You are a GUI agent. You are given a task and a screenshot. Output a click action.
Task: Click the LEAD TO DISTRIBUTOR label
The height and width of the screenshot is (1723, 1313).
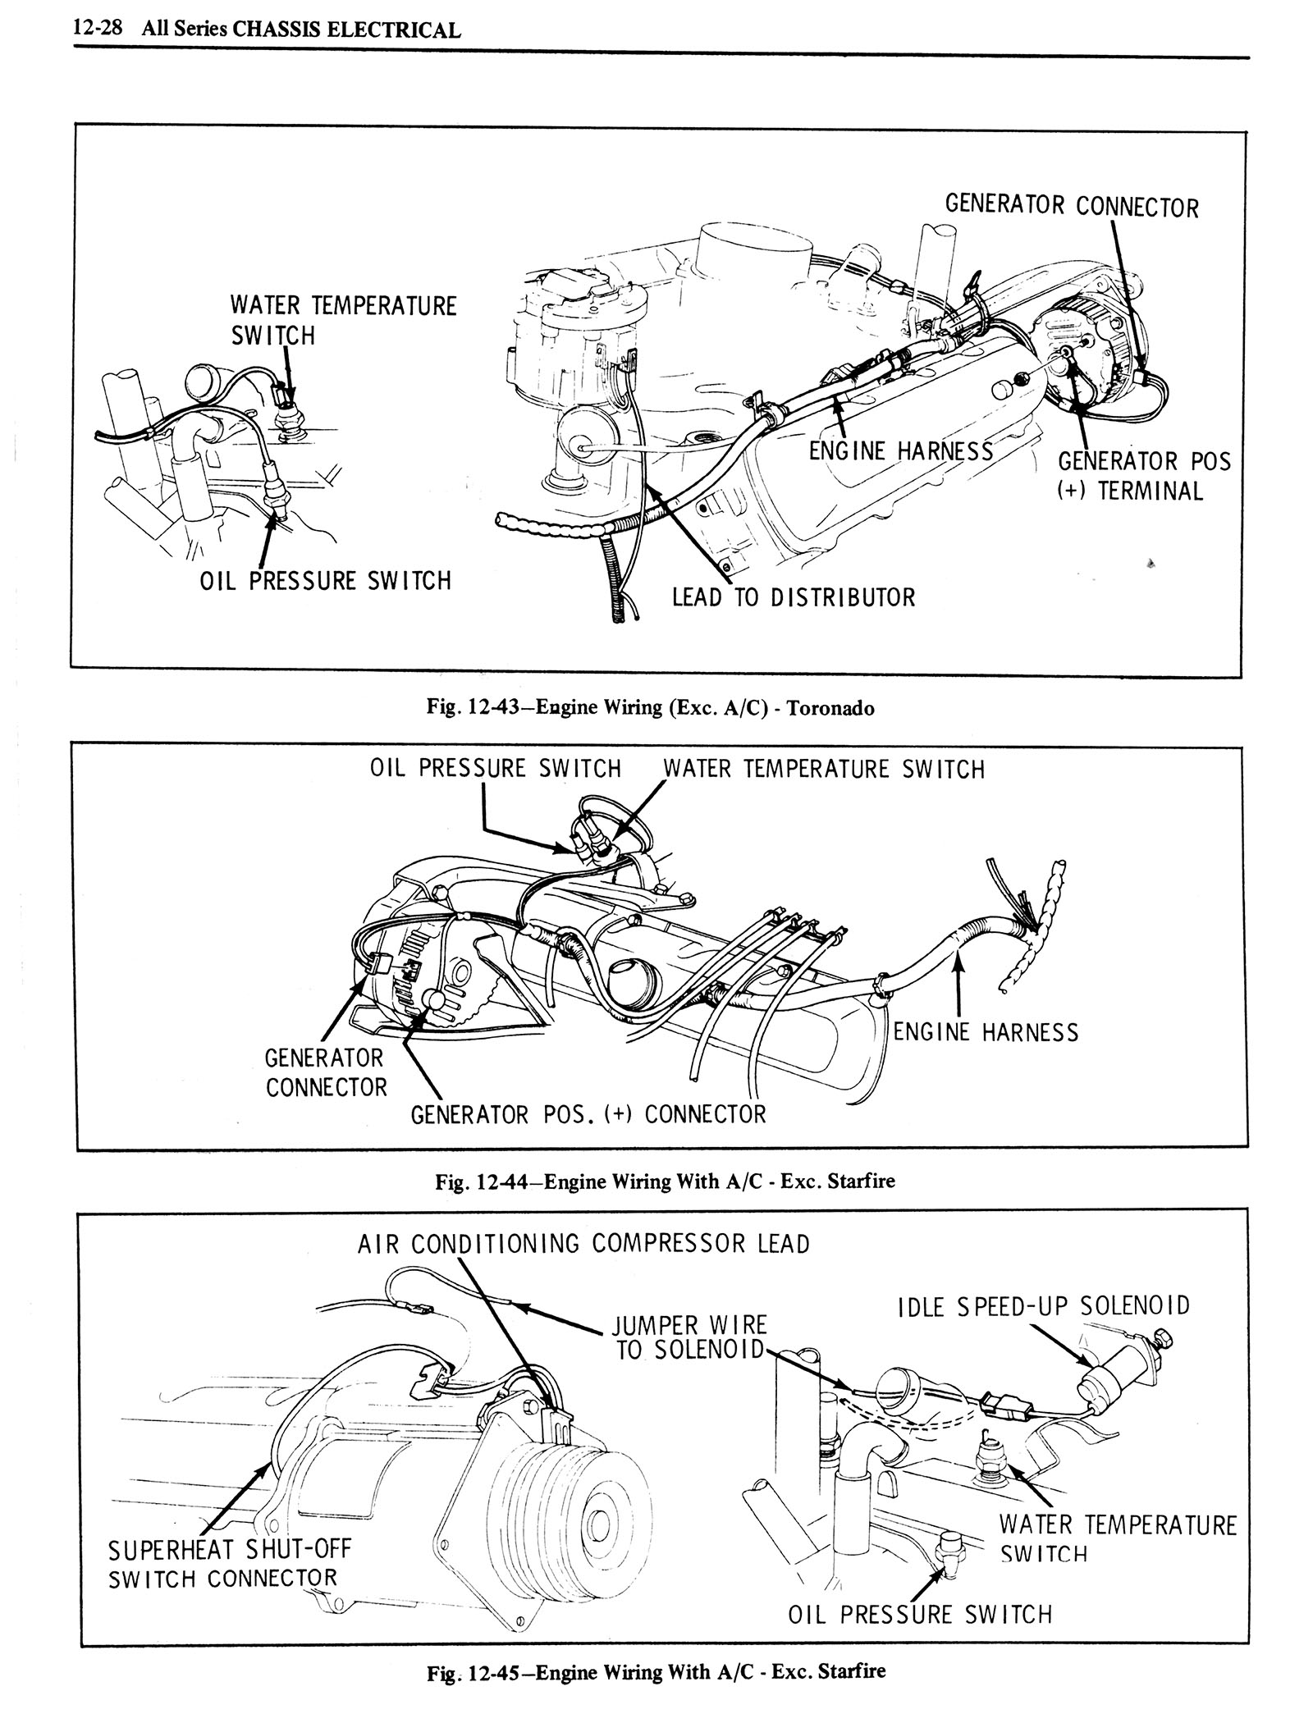pyautogui.click(x=793, y=596)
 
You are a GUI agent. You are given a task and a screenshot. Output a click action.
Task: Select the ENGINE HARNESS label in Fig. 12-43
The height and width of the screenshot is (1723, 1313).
pyautogui.click(x=900, y=450)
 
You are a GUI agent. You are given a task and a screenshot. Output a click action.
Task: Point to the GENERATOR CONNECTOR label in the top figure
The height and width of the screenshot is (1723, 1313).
pyautogui.click(x=1071, y=206)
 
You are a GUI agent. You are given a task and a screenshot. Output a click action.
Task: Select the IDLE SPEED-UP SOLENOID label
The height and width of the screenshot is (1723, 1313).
pyautogui.click(x=1044, y=1305)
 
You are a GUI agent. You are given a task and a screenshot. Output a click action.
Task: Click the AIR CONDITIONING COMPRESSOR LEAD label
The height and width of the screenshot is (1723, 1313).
pyautogui.click(x=583, y=1244)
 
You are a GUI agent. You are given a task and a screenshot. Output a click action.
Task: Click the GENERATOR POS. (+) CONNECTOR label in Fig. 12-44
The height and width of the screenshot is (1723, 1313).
pyautogui.click(x=588, y=1114)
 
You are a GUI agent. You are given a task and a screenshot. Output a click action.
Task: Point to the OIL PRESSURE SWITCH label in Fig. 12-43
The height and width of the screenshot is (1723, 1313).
pyautogui.click(x=326, y=581)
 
